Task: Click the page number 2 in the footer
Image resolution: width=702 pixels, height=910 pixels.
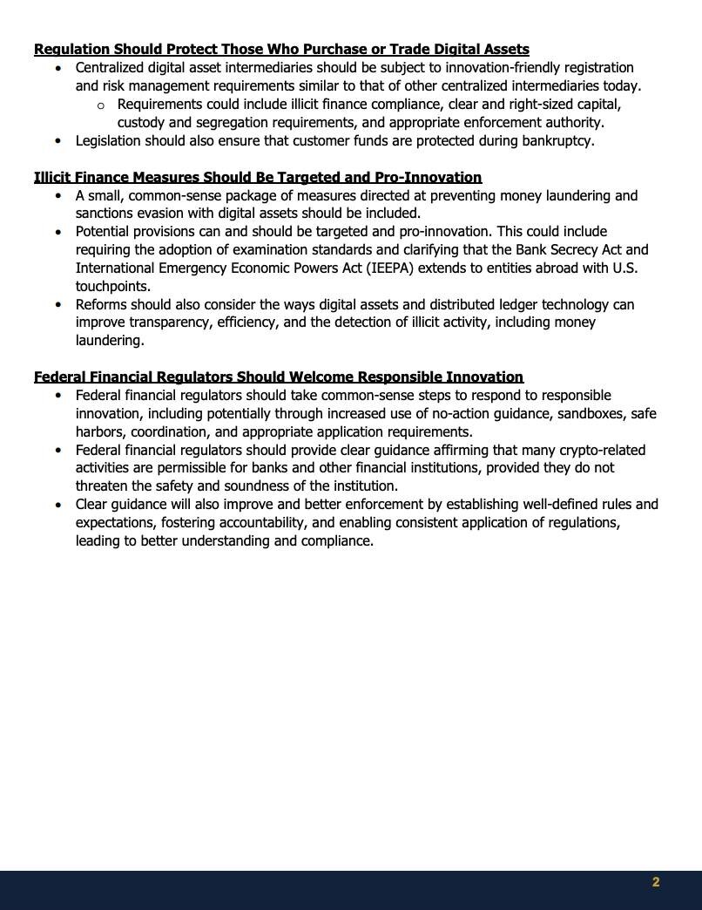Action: coord(656,882)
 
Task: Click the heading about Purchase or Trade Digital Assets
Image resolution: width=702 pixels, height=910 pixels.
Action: coord(281,49)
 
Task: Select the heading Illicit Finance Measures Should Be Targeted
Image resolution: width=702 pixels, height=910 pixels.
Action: coord(258,177)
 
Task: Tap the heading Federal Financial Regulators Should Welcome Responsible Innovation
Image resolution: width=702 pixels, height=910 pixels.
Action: coord(279,377)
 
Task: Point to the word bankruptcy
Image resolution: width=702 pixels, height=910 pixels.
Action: coord(557,140)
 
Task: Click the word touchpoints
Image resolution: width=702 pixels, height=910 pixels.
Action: coord(112,286)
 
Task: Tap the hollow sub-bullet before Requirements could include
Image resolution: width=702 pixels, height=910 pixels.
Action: coord(100,105)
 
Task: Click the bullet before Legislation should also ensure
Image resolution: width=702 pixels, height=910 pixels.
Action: coord(58,140)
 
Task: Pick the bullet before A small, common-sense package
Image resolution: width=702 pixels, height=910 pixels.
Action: coord(58,196)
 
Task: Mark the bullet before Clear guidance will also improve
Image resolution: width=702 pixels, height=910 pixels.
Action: coord(58,505)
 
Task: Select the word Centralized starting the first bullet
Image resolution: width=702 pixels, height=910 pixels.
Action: coord(116,67)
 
